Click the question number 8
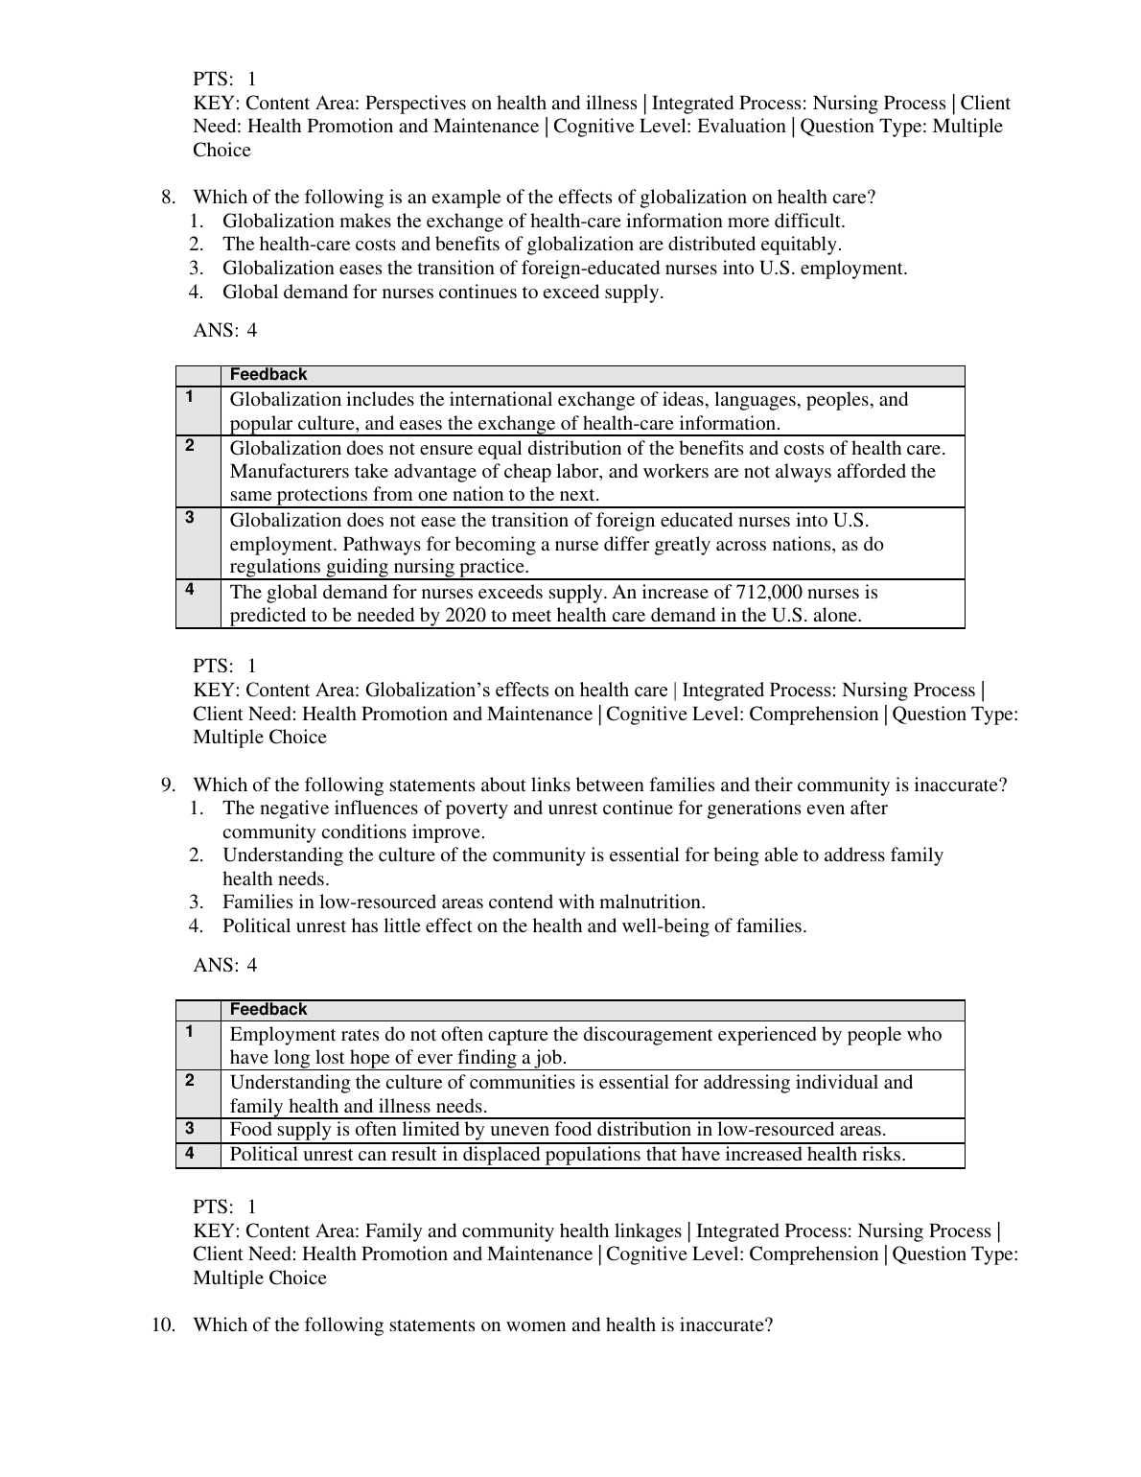click(x=168, y=198)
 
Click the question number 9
click(x=168, y=785)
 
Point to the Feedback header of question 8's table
click(x=268, y=375)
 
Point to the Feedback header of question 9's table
click(x=268, y=1010)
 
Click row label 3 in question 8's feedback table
click(x=190, y=518)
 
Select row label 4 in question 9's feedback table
click(x=190, y=1154)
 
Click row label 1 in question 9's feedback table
click(x=190, y=1033)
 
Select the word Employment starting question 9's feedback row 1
click(x=280, y=1034)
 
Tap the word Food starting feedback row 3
click(x=249, y=1130)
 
